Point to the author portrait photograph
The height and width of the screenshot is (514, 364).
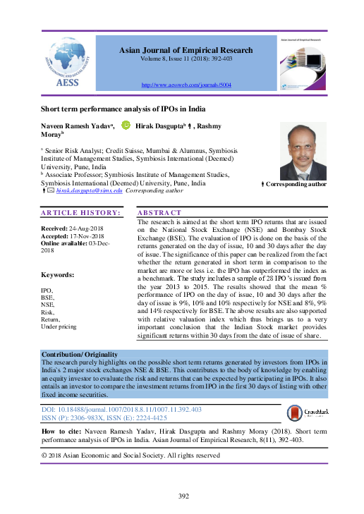pos(303,151)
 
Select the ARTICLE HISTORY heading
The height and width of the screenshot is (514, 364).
pos(80,212)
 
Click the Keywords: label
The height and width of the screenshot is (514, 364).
pos(58,274)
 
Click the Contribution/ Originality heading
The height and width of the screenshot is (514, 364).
pos(79,354)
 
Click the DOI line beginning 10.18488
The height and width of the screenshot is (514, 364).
pos(121,409)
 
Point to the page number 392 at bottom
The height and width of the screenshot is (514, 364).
pos(181,497)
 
